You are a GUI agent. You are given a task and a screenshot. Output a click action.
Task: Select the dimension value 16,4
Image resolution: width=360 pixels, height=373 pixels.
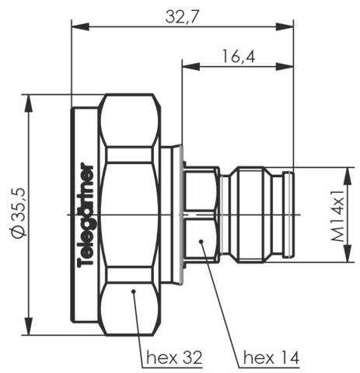point(238,58)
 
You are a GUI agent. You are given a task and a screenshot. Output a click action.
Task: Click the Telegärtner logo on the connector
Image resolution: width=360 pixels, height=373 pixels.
point(88,215)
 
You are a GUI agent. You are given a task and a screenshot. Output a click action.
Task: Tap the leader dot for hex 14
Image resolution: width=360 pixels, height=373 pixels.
point(202,243)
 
